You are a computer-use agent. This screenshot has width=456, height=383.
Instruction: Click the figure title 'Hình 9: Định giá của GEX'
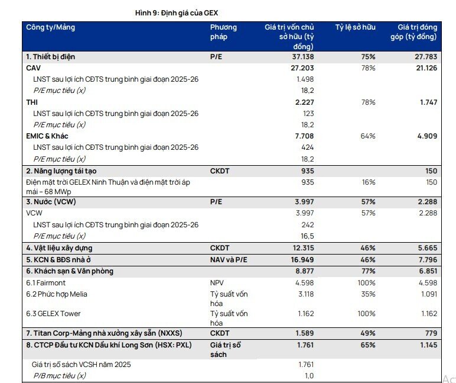coord(177,13)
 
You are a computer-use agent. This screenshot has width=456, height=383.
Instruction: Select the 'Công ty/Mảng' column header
coord(51,27)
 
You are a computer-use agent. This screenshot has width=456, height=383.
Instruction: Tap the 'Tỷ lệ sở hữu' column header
coord(356,27)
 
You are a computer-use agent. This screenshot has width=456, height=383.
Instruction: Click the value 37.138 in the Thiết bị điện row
coord(303,57)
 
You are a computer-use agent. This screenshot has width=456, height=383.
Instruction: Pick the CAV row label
coord(34,68)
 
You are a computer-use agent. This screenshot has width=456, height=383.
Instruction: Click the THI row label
coord(32,102)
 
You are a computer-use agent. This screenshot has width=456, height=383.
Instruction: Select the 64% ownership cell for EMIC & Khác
coord(368,136)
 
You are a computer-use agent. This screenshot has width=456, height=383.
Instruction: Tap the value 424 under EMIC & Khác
coord(308,147)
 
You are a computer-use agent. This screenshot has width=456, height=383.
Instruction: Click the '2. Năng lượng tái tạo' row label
coord(61,171)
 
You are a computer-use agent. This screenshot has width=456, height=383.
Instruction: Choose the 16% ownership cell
coord(369,182)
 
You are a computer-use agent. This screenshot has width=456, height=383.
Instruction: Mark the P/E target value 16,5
coord(307,236)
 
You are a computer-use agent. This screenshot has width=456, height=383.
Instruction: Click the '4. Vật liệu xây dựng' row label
coord(59,248)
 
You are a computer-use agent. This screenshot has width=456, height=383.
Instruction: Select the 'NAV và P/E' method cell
coord(229,260)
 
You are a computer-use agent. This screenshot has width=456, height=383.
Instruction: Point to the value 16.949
coord(302,260)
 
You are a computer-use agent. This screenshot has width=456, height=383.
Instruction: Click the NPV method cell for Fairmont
coord(217,283)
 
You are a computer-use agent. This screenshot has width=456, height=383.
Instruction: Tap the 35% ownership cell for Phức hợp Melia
coord(368,294)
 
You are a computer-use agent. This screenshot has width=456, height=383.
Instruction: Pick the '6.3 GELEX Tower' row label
coord(53,314)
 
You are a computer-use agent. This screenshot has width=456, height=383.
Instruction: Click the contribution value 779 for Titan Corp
coord(431,333)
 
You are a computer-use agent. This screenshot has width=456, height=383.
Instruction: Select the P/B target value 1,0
coord(309,376)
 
